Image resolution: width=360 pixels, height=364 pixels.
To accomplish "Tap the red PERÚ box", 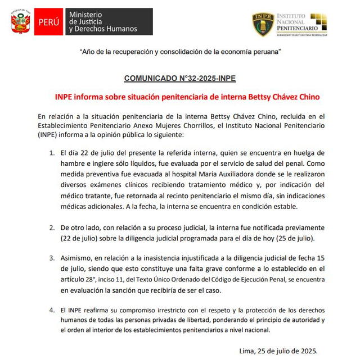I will pos(49,22).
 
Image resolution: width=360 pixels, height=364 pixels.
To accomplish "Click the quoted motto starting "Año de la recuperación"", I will pos(179,52).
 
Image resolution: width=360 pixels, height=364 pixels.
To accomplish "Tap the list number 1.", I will pos(52,153).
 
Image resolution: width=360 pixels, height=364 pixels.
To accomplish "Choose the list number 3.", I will pos(52,259).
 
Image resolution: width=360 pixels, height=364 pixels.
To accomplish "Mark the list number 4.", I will pos(52,310).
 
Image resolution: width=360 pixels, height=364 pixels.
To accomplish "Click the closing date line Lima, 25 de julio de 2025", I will pos(278,351).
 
